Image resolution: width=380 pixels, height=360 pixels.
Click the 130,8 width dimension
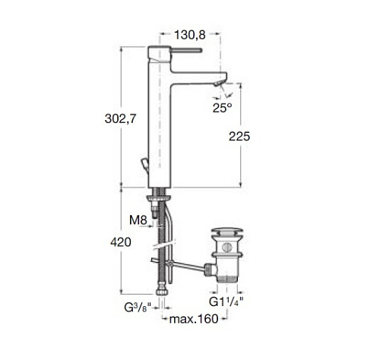[190, 35]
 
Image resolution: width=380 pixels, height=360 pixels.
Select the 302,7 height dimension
[121, 118]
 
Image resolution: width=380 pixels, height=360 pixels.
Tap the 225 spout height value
[239, 137]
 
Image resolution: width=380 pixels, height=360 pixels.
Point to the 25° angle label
[222, 108]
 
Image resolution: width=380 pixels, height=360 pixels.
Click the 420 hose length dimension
[121, 242]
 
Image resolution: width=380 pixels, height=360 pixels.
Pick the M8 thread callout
[138, 220]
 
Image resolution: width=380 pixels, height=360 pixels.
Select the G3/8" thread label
[138, 308]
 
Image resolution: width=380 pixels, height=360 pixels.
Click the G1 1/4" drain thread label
[226, 302]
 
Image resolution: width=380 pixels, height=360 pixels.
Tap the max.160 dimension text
[194, 319]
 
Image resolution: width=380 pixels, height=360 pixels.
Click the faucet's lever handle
[186, 50]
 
